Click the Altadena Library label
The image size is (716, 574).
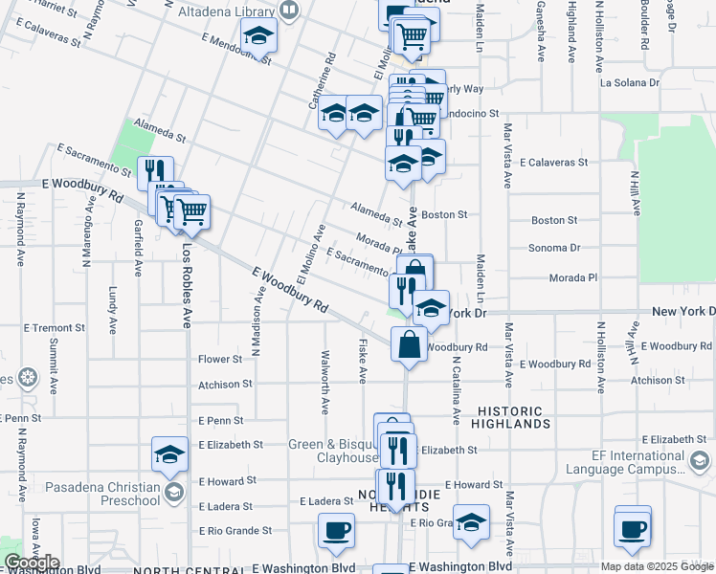click(229, 11)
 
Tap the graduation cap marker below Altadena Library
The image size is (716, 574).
click(257, 37)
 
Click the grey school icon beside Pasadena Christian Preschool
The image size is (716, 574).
click(173, 494)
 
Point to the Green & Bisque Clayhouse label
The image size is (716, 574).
click(333, 451)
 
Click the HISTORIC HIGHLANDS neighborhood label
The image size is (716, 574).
click(512, 416)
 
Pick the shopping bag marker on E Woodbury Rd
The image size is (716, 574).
click(409, 345)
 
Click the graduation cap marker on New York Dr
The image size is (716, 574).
click(432, 309)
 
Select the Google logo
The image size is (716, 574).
click(32, 563)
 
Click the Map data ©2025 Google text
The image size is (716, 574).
click(657, 566)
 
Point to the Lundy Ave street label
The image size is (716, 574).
click(113, 310)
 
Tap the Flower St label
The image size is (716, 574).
click(220, 360)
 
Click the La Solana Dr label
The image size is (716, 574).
click(633, 82)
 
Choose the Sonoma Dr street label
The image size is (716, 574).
click(555, 248)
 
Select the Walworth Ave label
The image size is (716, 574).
click(324, 394)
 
